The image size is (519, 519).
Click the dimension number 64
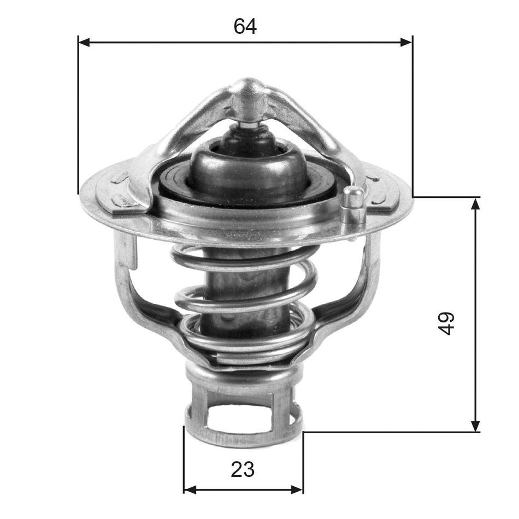pyautogui.click(x=245, y=26)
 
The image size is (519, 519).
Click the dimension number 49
pyautogui.click(x=446, y=323)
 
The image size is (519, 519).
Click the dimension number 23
pyautogui.click(x=243, y=469)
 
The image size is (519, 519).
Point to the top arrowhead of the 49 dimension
pyautogui.click(x=475, y=203)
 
